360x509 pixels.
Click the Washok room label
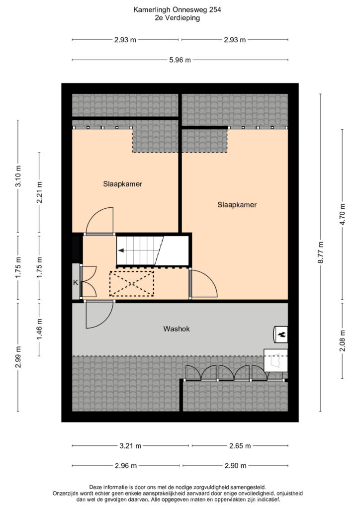point(176,329)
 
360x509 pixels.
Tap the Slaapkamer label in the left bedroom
point(122,184)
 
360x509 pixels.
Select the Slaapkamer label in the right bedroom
point(237,205)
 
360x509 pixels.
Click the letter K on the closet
point(75,282)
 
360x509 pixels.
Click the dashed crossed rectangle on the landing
point(131,284)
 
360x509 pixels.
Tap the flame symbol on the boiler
point(281,334)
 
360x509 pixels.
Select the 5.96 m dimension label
point(180,60)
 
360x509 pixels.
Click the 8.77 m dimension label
point(320,252)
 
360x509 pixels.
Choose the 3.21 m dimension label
point(130,446)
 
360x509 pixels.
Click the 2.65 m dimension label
point(240,446)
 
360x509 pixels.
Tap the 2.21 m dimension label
point(39,192)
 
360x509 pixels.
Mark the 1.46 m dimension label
point(39,329)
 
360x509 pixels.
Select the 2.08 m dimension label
point(343,340)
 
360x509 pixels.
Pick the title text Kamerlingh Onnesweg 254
point(177,10)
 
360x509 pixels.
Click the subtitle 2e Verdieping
point(177,18)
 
